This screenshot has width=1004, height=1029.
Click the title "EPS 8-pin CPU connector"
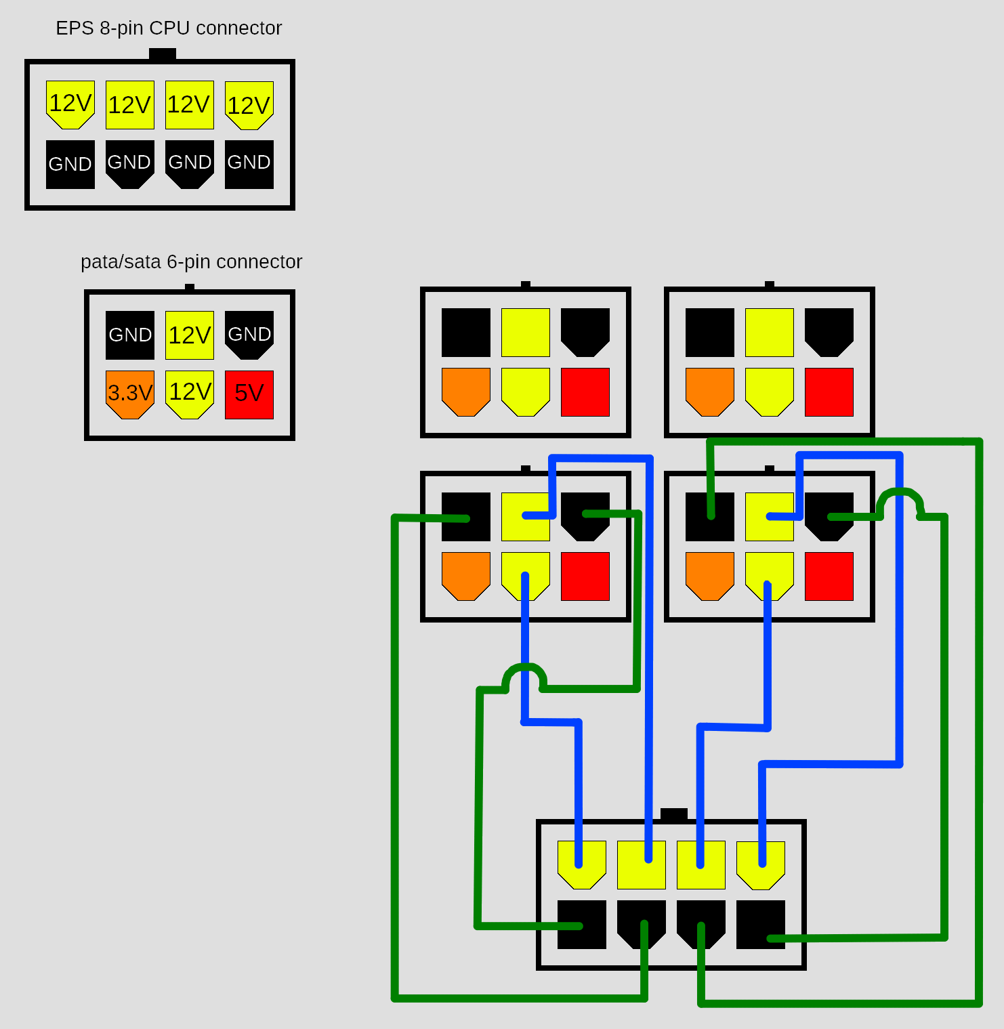169,28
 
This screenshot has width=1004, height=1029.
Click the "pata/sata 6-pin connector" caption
191,261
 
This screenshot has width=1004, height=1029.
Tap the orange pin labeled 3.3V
130,394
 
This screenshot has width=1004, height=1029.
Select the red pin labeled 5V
249,394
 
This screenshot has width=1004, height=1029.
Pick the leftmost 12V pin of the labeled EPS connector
70,104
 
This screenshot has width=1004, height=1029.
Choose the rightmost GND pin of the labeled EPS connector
249,164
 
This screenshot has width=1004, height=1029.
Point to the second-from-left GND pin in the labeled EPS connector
130,164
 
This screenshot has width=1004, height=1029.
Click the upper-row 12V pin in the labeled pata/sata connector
190,335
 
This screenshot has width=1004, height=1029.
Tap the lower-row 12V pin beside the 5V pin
190,394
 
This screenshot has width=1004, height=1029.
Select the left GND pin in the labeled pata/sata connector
130,335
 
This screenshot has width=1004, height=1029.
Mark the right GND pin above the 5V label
249,333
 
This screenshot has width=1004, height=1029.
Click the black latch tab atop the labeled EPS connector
163,54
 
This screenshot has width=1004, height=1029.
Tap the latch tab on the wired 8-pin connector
673,814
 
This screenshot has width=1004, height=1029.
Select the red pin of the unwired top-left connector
585,392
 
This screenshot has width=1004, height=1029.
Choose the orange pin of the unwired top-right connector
710,391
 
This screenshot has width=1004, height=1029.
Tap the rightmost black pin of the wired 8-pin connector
761,924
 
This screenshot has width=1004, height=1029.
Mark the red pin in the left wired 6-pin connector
585,576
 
